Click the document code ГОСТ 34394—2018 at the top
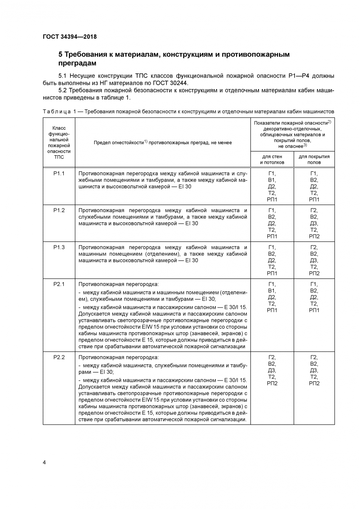coord(70,36)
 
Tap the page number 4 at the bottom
coord(45,462)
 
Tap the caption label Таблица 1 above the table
coord(62,111)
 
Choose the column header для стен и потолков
coord(272,159)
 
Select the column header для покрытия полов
coord(314,159)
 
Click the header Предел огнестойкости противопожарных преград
coord(163,143)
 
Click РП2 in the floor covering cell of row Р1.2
coord(314,236)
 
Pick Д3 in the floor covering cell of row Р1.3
coord(314,260)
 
